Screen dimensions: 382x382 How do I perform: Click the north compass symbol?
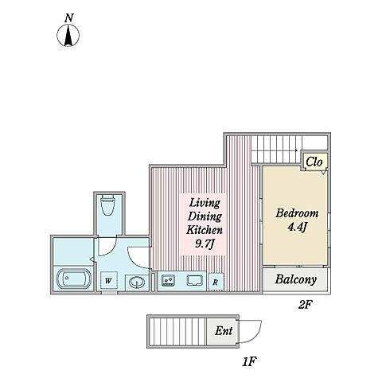[x=68, y=35]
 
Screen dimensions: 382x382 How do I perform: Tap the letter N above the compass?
[x=69, y=18]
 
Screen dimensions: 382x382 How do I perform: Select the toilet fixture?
[x=108, y=205]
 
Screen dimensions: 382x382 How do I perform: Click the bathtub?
[x=74, y=279]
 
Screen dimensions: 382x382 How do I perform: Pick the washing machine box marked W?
[x=109, y=281]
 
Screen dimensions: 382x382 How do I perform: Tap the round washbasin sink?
[x=137, y=282]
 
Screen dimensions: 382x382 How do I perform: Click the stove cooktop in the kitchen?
[x=169, y=280]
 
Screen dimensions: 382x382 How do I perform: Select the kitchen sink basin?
[x=195, y=280]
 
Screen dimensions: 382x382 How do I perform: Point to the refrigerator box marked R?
[x=216, y=282]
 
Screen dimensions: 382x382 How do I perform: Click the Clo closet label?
[x=314, y=162]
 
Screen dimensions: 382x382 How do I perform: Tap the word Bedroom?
[x=297, y=213]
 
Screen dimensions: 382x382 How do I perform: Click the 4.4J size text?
[x=298, y=227]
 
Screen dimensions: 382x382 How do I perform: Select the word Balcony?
[x=296, y=279]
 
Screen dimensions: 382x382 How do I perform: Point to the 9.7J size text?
[x=205, y=244]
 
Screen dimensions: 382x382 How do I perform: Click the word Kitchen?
[x=205, y=230]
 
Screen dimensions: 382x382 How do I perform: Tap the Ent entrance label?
[x=224, y=331]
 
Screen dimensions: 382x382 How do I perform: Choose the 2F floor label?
[x=304, y=305]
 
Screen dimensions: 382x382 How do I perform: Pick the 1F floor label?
[x=249, y=361]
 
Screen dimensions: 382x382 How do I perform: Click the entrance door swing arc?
[x=256, y=336]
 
